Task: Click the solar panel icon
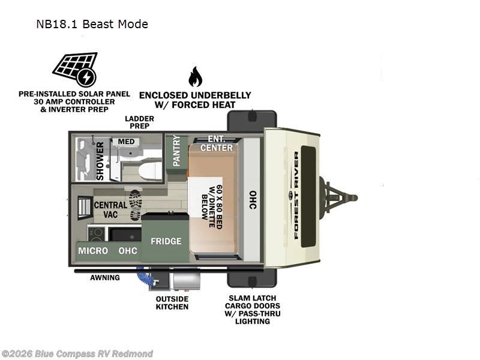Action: click(73, 70)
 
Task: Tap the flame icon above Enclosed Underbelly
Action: click(195, 77)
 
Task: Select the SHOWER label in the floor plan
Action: click(100, 160)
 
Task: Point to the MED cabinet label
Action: click(127, 142)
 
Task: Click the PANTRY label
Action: click(176, 151)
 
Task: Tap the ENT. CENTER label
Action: click(216, 144)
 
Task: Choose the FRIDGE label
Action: click(166, 241)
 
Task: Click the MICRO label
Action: click(94, 250)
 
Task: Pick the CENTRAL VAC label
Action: click(110, 209)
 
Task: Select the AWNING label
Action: click(105, 278)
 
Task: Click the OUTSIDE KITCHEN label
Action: click(172, 303)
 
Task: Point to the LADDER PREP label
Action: click(139, 122)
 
